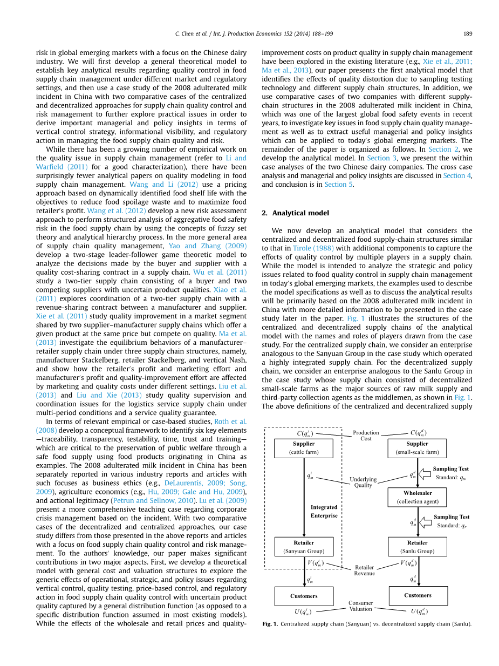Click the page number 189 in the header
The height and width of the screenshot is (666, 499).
(467, 33)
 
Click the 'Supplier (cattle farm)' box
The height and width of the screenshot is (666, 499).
(304, 448)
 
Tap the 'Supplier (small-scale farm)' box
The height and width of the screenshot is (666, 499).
(417, 448)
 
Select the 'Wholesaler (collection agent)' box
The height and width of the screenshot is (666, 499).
(417, 497)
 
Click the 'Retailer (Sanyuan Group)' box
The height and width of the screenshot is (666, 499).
(304, 547)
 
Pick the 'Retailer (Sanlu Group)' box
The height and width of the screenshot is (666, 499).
(417, 547)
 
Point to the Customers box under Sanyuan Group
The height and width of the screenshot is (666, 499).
(304, 596)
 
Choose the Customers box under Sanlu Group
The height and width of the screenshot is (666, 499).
(418, 595)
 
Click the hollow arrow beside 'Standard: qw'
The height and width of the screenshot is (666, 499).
(426, 473)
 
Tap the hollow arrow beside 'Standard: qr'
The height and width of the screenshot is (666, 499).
(426, 521)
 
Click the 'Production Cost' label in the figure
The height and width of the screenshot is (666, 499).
(366, 436)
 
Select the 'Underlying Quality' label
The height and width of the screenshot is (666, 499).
(363, 482)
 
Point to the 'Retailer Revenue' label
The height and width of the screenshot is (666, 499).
(364, 570)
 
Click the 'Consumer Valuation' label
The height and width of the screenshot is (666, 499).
(360, 606)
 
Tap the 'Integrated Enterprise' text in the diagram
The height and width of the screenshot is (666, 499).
(324, 511)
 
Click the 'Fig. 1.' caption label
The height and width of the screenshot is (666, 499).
(270, 624)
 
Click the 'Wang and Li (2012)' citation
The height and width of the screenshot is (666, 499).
(156, 184)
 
